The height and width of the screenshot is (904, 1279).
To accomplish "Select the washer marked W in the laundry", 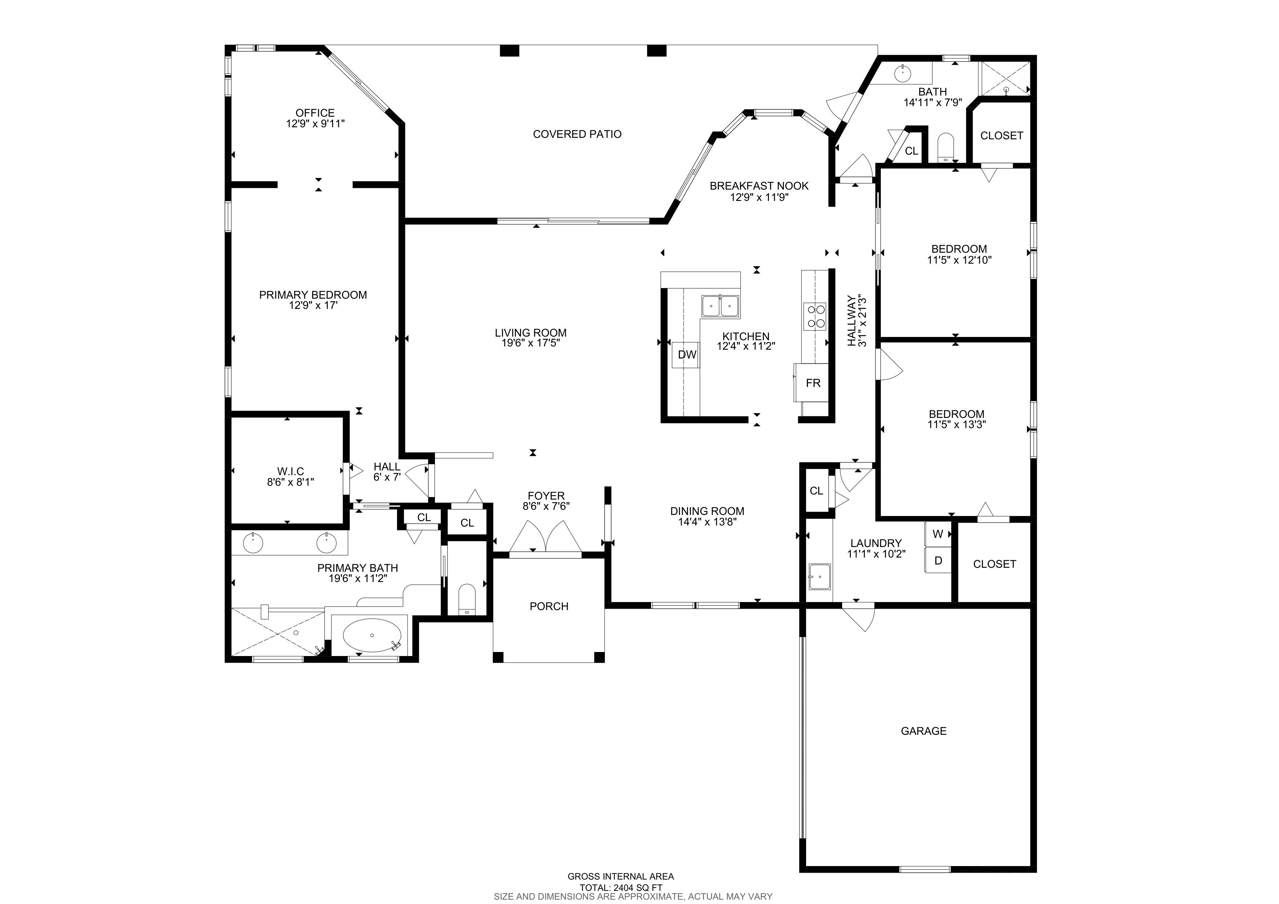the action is click(x=938, y=534).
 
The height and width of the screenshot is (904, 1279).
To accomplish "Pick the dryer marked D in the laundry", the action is click(x=938, y=560).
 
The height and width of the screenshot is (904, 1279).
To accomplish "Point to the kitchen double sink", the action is click(x=720, y=306).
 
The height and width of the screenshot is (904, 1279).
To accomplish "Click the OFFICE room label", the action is click(x=315, y=113).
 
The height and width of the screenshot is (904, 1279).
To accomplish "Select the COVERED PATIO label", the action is click(x=577, y=134).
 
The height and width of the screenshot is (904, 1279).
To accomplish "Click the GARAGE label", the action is click(x=924, y=731).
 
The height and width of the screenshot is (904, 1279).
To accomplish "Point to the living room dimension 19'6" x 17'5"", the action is click(x=530, y=343).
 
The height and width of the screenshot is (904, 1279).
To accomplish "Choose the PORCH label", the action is click(x=549, y=606).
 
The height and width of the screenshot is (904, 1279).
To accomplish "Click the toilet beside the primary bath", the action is click(x=467, y=600).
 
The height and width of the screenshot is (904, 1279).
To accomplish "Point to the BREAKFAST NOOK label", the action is click(x=759, y=186).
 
